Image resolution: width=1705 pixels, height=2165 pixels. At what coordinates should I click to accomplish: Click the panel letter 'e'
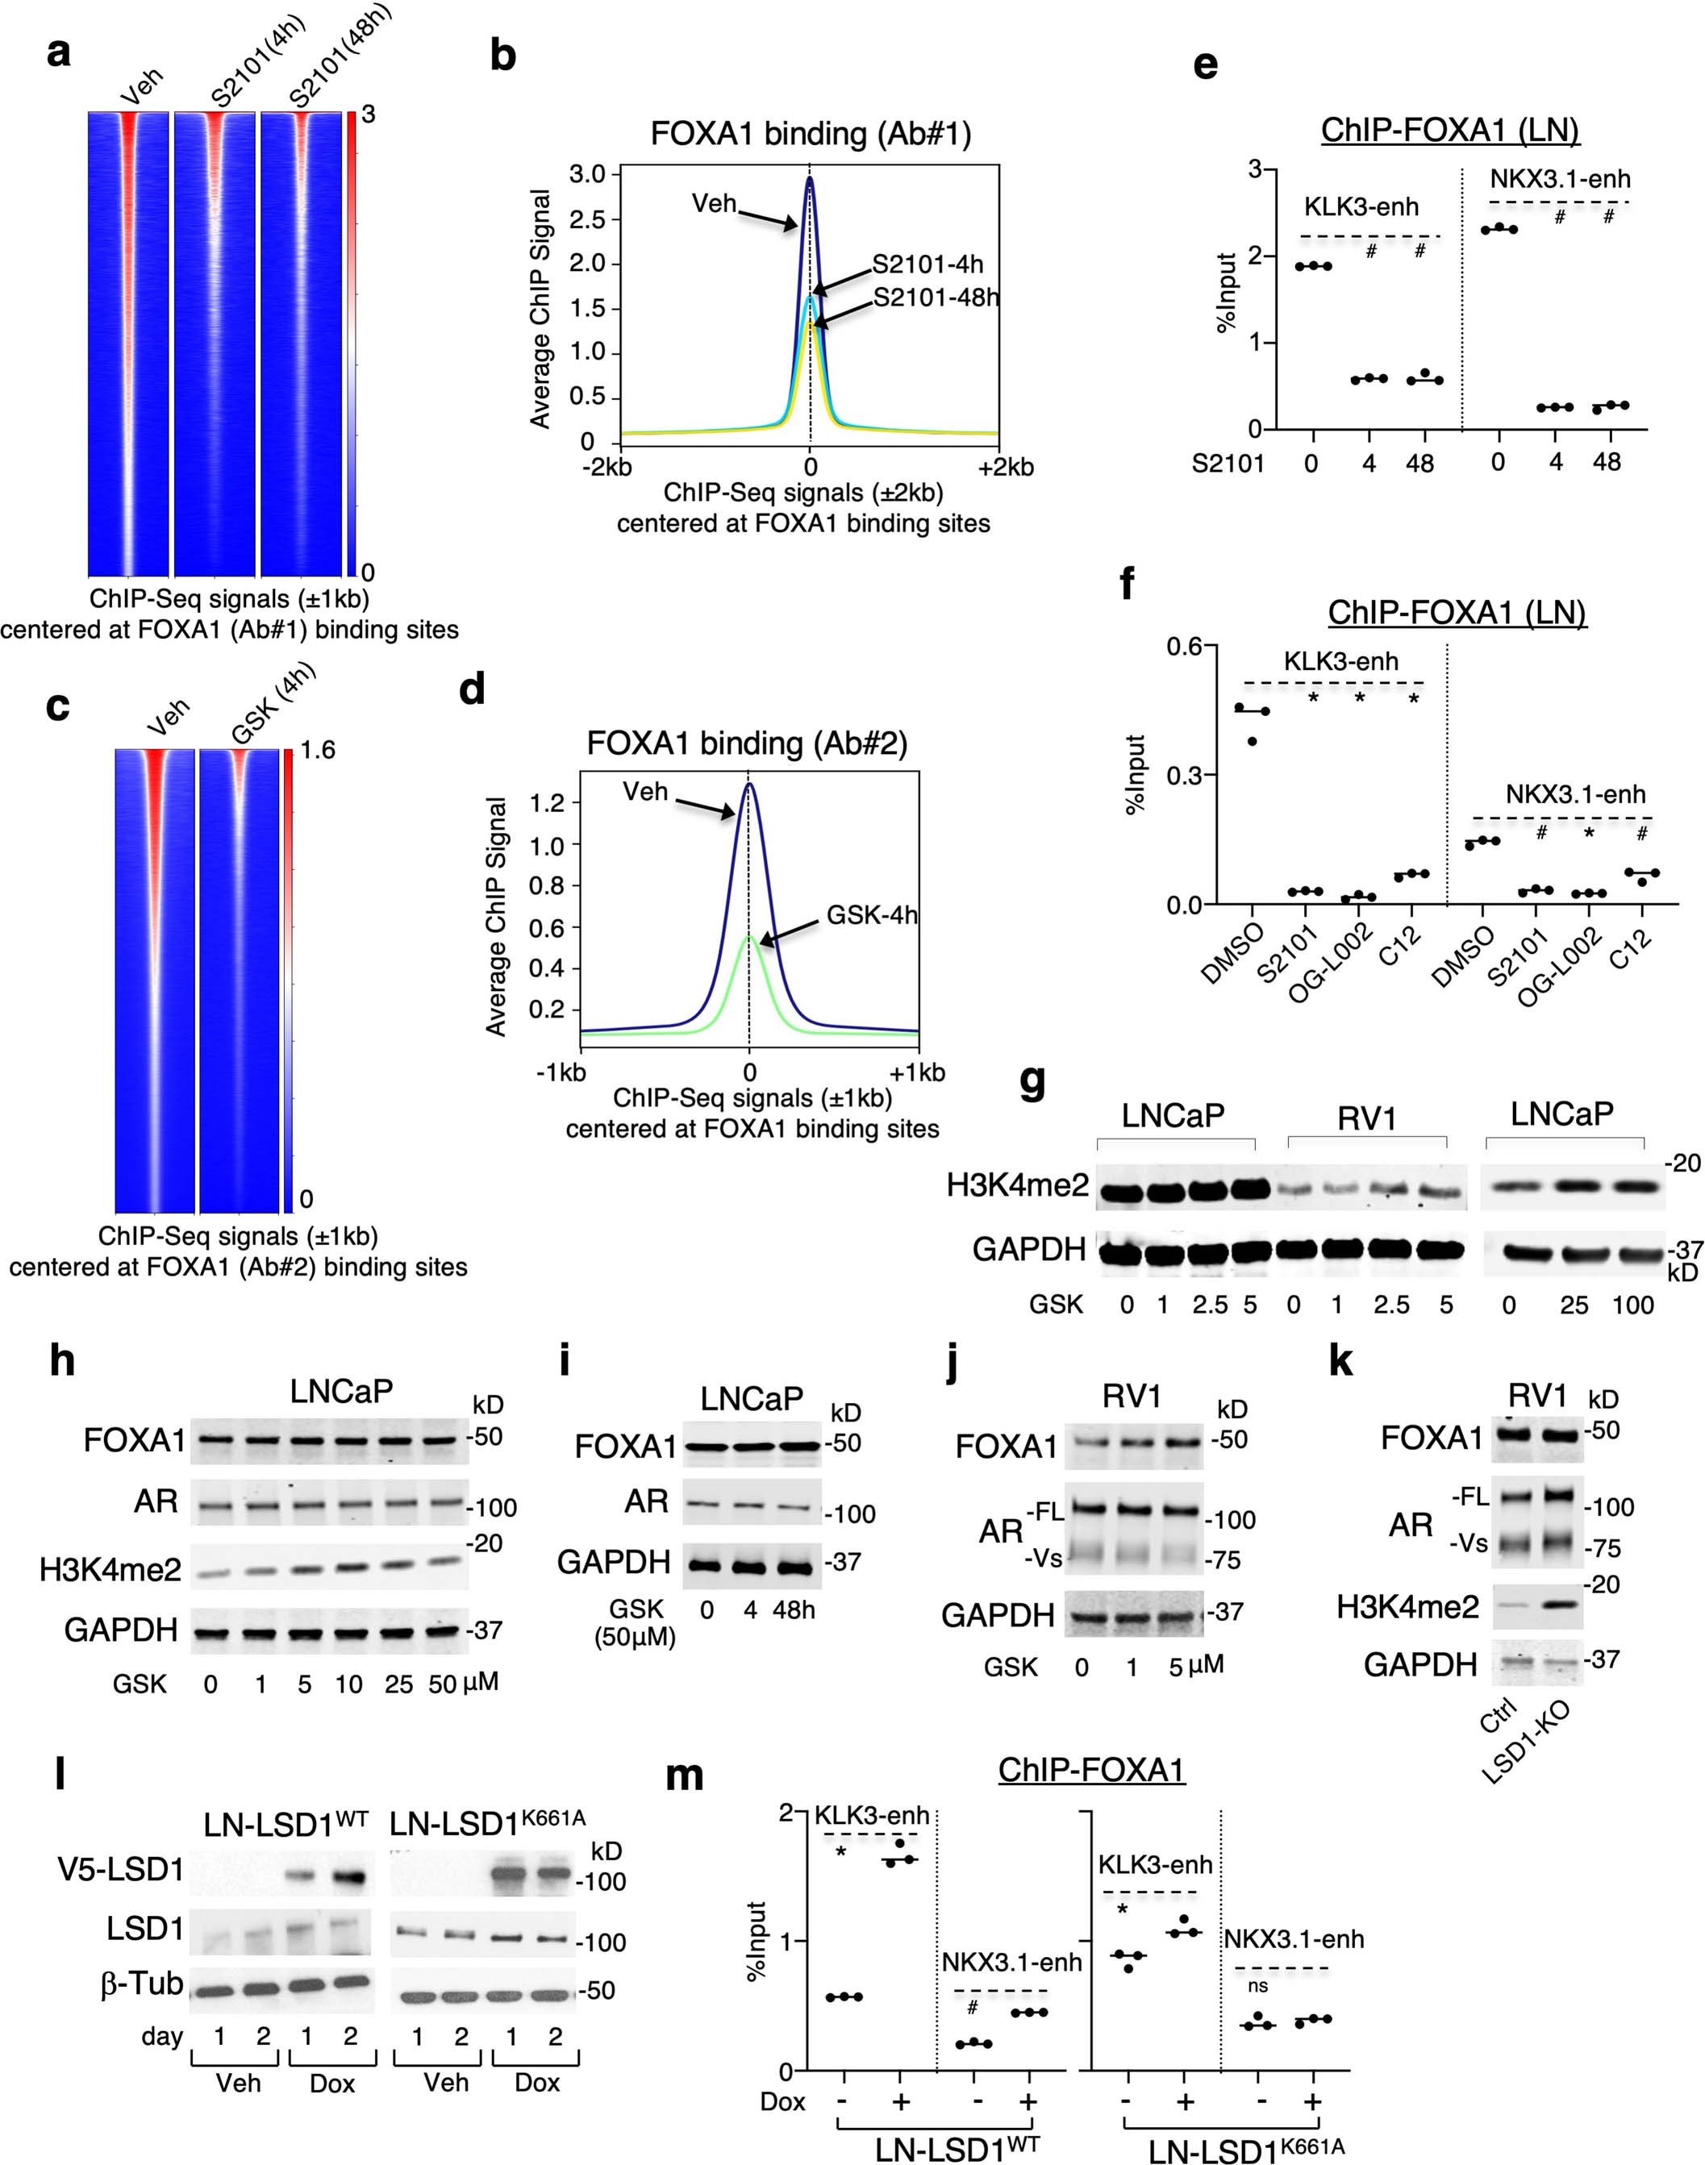(1205, 66)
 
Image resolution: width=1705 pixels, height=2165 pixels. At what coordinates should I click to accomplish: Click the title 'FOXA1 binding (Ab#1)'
(810, 133)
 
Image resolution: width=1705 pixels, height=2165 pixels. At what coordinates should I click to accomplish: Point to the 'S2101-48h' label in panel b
(936, 298)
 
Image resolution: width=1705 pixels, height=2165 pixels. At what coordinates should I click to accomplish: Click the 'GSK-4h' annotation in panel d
(872, 914)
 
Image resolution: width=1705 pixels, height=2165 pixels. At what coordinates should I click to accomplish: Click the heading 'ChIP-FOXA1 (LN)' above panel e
(1449, 130)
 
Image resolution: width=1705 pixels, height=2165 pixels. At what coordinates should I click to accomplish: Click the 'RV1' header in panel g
(1365, 1119)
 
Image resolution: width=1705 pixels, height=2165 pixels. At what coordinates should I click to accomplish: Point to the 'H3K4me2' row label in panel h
(110, 1570)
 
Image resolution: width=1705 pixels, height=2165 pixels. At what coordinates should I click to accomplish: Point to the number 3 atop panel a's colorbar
(369, 114)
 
